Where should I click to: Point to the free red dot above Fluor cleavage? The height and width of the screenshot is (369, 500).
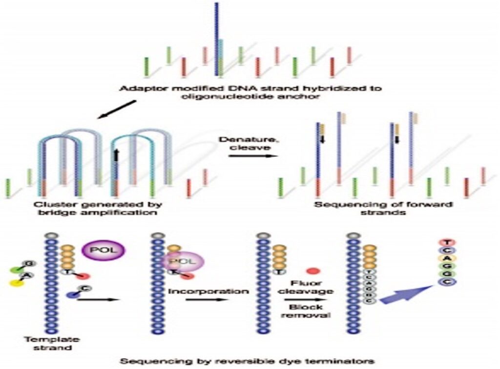(x=312, y=270)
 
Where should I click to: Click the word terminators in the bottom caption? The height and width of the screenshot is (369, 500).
(x=336, y=362)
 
